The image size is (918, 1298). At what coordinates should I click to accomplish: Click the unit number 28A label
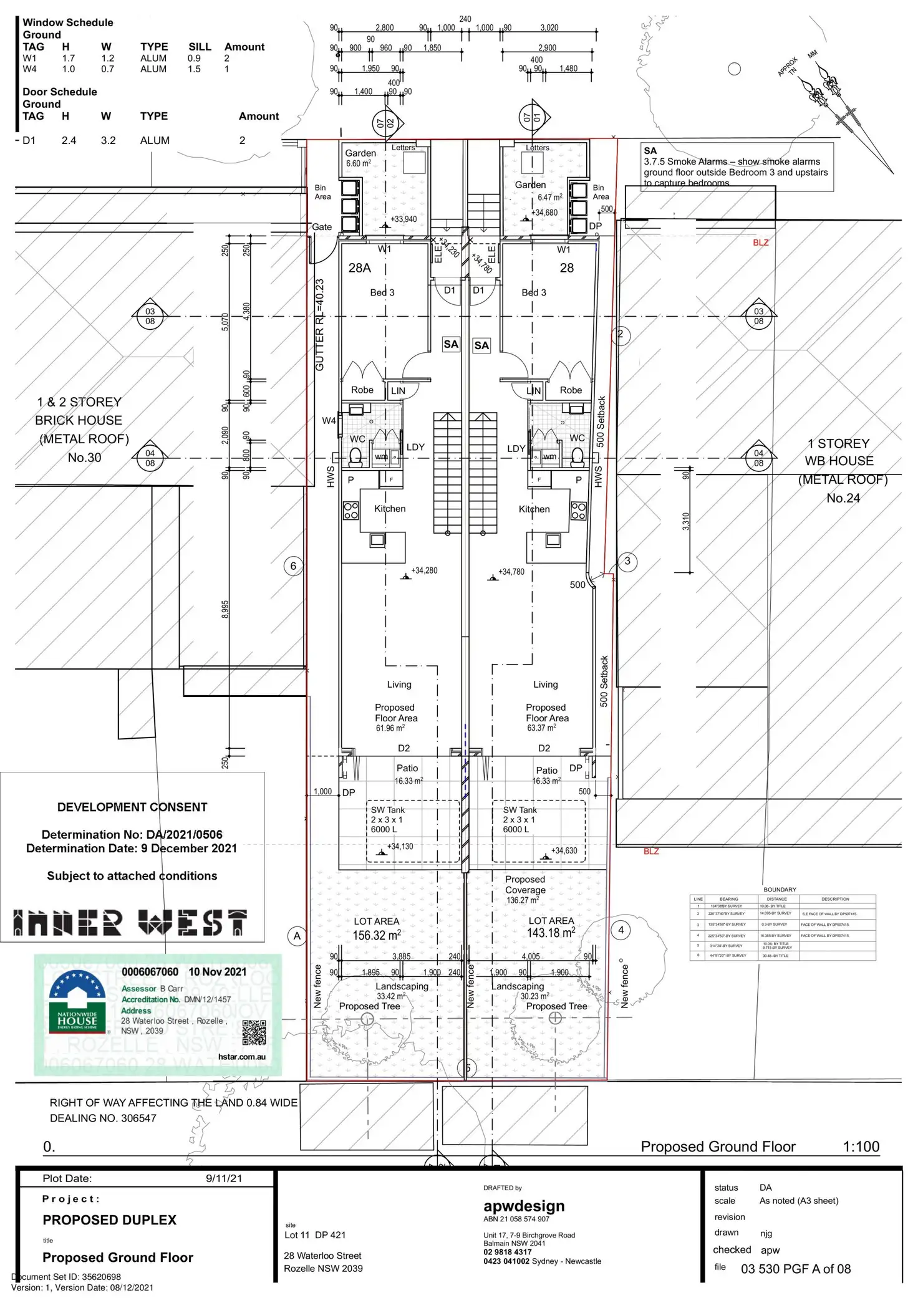[x=359, y=268]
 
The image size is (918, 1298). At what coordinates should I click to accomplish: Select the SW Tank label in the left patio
[x=388, y=810]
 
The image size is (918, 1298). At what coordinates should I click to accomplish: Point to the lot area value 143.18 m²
[x=551, y=933]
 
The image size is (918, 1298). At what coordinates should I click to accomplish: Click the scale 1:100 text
[x=861, y=1147]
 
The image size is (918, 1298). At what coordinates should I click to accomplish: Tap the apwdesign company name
[x=524, y=1206]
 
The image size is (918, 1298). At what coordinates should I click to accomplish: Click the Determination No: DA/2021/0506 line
[x=132, y=835]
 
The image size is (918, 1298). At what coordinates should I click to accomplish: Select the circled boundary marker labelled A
[x=297, y=936]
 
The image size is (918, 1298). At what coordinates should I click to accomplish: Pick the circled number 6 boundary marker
[x=293, y=566]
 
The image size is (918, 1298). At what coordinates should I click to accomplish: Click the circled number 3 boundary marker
[x=627, y=561]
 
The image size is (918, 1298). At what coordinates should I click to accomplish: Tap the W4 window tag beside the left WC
[x=329, y=421]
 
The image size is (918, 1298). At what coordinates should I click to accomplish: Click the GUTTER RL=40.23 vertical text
[x=319, y=324]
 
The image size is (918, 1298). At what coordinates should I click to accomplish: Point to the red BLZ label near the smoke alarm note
[x=760, y=243]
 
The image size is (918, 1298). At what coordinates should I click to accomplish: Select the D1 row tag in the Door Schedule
[x=29, y=140]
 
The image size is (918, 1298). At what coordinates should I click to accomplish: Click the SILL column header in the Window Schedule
[x=200, y=47]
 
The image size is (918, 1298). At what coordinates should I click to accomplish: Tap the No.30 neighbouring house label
[x=84, y=458]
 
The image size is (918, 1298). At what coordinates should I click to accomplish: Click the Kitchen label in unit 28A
[x=390, y=509]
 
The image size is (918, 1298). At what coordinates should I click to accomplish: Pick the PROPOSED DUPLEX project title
[x=109, y=1220]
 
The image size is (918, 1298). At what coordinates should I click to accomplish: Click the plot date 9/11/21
[x=224, y=1178]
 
